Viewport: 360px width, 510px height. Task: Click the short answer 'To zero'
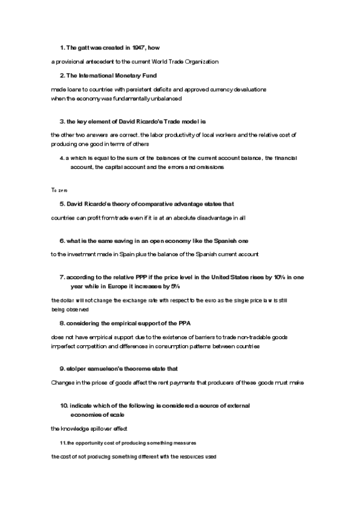click(59, 190)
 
